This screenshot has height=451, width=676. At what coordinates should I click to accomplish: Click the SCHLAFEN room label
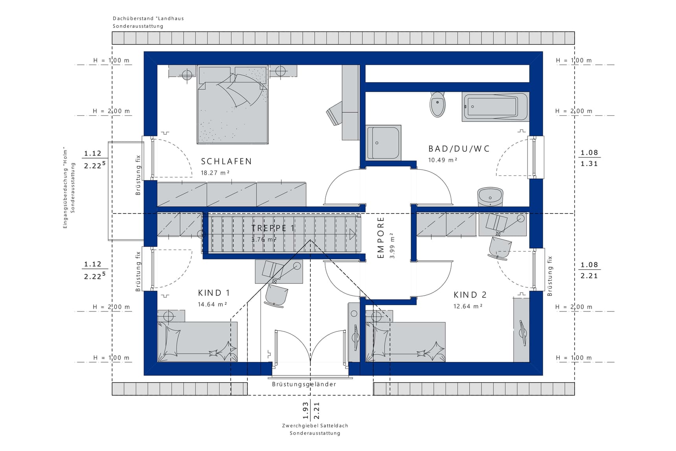coord(226,161)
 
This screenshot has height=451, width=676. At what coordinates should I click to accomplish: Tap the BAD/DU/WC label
coord(459,149)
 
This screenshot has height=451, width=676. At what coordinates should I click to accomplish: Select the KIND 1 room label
coord(214,293)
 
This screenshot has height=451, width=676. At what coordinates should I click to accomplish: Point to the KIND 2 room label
coord(470,295)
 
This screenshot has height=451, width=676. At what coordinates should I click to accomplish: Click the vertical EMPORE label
coord(380,238)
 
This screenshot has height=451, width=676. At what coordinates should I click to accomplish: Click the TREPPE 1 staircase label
coord(273,228)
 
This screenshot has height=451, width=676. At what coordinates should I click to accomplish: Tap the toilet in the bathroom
coord(437,104)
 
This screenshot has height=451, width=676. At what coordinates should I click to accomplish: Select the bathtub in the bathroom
coord(496,107)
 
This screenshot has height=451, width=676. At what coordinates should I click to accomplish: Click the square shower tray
coord(384,142)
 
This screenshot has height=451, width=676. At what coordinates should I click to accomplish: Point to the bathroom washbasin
coord(490,196)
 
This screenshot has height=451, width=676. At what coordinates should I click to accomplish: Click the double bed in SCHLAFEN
coord(233,105)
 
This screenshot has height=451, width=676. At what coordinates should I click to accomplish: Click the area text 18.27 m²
coord(215,173)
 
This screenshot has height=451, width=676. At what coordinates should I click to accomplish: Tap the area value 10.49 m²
coord(443,160)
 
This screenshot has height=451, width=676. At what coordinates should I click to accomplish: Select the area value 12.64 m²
coord(468,306)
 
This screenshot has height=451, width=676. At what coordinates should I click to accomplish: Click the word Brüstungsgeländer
coord(304,384)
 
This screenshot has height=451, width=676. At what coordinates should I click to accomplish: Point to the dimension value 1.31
coord(589,164)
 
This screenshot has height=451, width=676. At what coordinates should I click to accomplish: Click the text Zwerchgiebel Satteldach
coord(315,425)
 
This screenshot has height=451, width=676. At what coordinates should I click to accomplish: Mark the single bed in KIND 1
coord(197,342)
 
